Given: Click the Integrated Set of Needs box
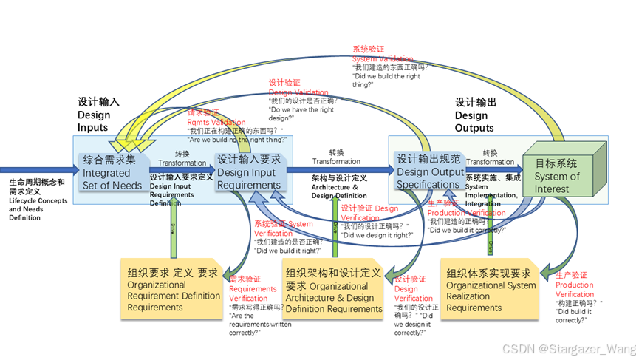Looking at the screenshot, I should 112,171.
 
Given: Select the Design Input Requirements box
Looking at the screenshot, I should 248,171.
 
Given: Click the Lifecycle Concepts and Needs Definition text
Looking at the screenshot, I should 38,200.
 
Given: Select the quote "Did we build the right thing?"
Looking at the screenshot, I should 388,80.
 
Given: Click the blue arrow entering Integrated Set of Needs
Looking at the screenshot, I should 37,169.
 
